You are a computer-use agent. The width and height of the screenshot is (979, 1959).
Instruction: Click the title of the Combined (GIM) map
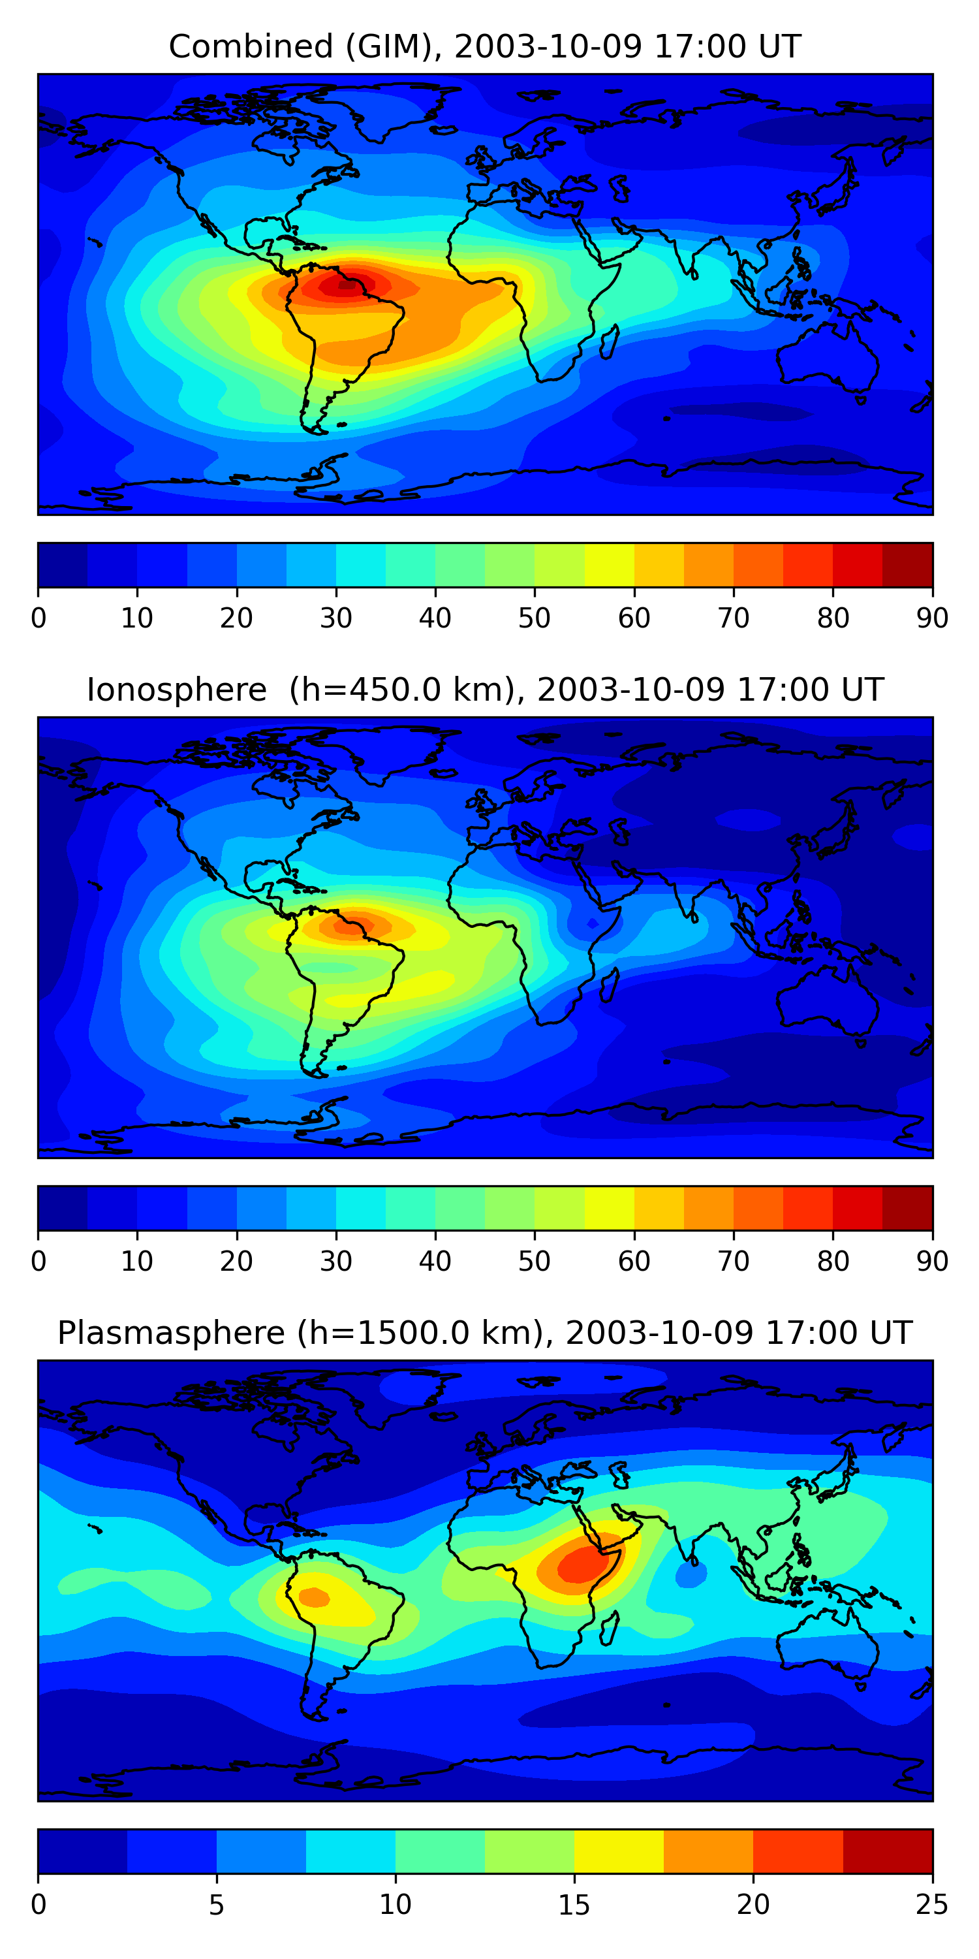click(x=484, y=46)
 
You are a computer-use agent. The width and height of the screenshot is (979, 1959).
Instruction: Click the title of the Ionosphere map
click(x=484, y=690)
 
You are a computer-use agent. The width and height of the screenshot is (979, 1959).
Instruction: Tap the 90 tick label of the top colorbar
click(x=932, y=618)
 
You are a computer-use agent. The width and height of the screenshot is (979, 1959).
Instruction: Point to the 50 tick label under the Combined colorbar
click(x=535, y=618)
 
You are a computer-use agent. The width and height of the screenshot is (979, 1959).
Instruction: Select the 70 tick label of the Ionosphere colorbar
click(x=734, y=1262)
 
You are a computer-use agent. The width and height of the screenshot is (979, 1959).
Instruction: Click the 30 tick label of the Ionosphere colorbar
click(x=335, y=1262)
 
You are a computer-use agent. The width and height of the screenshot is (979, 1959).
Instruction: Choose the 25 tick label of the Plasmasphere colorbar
click(x=932, y=1905)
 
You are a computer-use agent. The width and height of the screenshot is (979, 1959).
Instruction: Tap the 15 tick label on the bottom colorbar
click(x=574, y=1905)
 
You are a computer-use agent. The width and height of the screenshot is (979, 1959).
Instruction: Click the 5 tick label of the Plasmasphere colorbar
click(x=217, y=1905)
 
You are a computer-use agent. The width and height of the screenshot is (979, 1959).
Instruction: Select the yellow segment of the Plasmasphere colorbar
click(x=618, y=1851)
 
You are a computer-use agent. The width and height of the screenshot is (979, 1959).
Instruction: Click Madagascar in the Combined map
click(x=609, y=342)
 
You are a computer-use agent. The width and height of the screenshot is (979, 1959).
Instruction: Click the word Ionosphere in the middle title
click(x=176, y=690)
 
